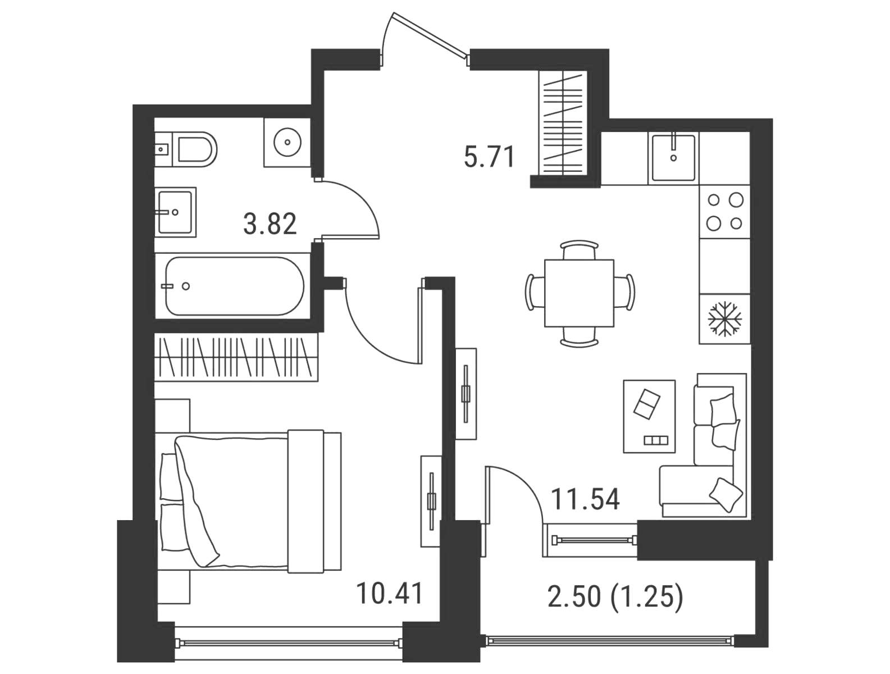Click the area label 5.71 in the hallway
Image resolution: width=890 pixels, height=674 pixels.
(490, 157)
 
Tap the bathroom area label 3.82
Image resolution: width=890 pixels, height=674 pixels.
(270, 224)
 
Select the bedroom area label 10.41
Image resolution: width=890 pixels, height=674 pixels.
(389, 593)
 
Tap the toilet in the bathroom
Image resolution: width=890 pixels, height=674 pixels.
(186, 149)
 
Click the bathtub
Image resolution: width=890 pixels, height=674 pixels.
(235, 286)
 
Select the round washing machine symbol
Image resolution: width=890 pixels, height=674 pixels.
(287, 142)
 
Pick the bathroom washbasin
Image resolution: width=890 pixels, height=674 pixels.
(176, 212)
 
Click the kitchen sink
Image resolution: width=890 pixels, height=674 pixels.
(673, 158)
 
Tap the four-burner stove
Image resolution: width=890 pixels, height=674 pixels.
(724, 212)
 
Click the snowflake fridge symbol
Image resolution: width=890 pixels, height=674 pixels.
(724, 319)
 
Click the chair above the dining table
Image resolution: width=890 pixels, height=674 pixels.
(579, 249)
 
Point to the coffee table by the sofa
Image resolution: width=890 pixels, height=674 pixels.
(649, 416)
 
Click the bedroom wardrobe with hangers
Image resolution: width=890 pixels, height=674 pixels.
(236, 357)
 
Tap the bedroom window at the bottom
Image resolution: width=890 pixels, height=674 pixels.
(289, 642)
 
